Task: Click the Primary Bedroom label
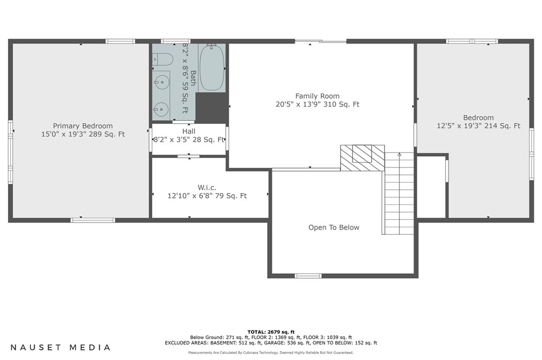(83, 126)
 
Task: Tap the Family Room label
(318, 96)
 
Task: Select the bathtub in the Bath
(211, 67)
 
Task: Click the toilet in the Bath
(163, 59)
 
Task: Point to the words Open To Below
(334, 227)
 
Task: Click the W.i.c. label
(207, 187)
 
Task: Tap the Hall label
(189, 132)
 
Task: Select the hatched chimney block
(362, 158)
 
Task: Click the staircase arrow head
(399, 154)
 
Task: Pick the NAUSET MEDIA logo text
(60, 347)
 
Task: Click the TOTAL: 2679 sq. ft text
(271, 332)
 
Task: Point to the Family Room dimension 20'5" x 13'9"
(298, 104)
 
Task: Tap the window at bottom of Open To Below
(308, 275)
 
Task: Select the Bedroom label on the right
(478, 118)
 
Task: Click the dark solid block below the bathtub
(212, 107)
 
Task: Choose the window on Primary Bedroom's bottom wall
(92, 220)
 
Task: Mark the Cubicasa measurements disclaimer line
(270, 353)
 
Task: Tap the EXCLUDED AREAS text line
(270, 343)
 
